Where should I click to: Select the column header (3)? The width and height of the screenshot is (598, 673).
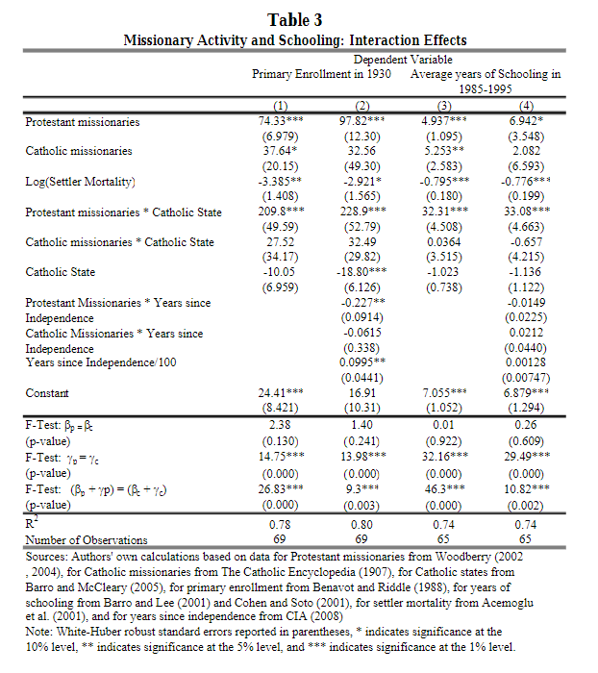coord(445,105)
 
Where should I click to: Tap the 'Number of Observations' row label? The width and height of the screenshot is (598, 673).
coord(87,540)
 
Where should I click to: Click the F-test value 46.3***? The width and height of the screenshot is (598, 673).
coord(445,489)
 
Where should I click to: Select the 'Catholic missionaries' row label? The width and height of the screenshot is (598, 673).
coord(79,152)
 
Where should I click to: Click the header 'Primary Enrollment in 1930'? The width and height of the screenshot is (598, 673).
coord(321,74)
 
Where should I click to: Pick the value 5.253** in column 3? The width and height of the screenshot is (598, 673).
coord(445,152)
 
